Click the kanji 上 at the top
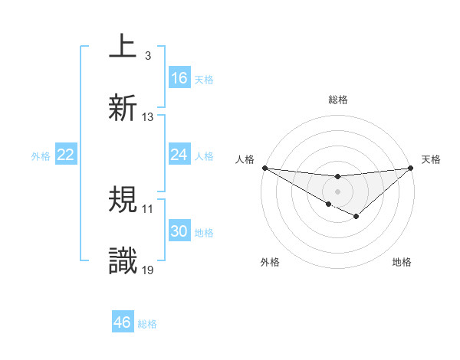[x=123, y=48]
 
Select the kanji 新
[x=123, y=107]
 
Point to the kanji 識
[x=123, y=260]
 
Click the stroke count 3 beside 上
[x=147, y=56]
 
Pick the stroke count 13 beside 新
[x=147, y=116]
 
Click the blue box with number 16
[x=179, y=78]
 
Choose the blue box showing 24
[x=179, y=155]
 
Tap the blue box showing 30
[x=179, y=231]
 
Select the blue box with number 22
[x=66, y=155]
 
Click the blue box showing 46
[x=123, y=322]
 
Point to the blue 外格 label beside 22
[x=41, y=155]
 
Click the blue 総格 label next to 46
[x=147, y=324]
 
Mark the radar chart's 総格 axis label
[x=337, y=100]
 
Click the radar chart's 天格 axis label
[x=432, y=159]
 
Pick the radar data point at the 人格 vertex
[x=264, y=167]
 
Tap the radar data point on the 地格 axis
[x=356, y=218]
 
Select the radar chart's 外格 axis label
[x=270, y=263]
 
